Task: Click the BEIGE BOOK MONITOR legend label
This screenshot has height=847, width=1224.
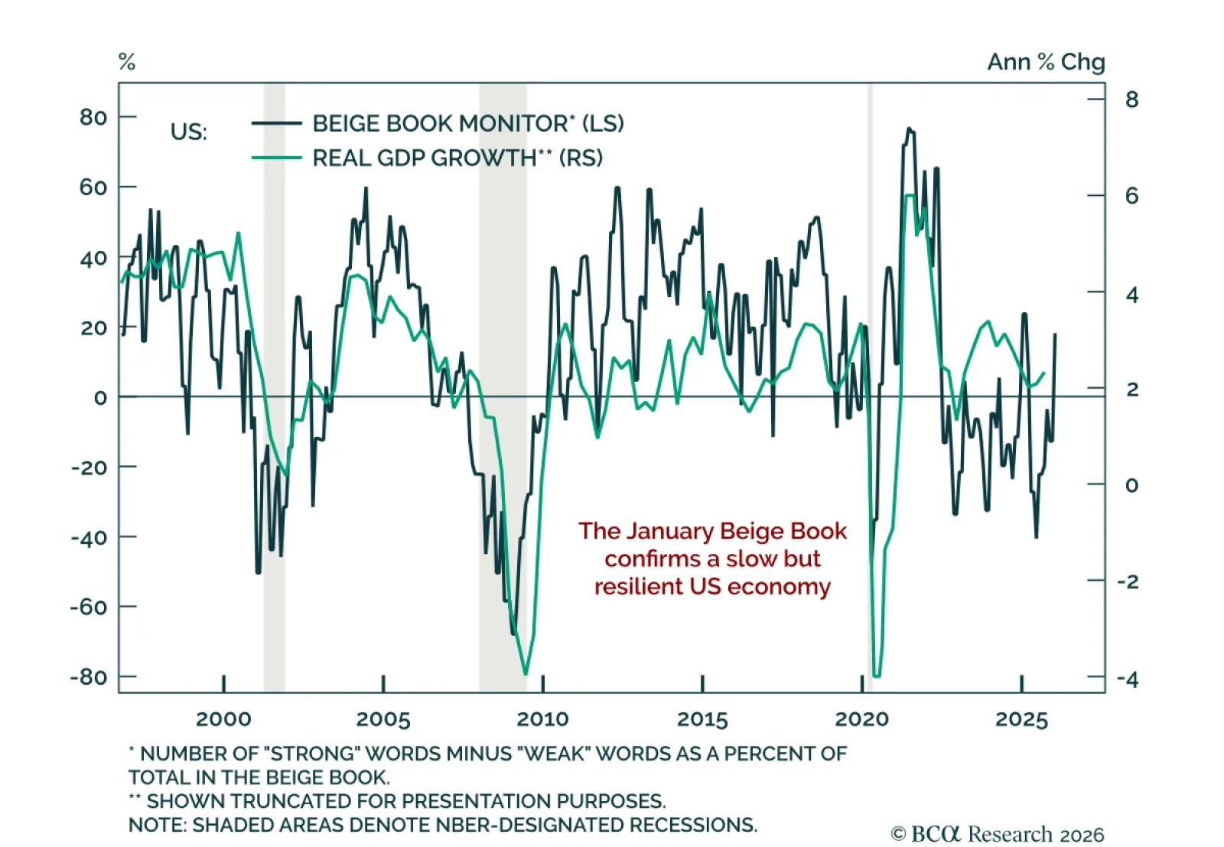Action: tap(467, 123)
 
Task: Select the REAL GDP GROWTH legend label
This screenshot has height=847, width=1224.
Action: tap(457, 158)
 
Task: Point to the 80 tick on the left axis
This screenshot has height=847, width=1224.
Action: tap(93, 117)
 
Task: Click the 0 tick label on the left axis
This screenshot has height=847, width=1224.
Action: tap(100, 398)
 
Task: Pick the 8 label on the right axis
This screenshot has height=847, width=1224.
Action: tap(1131, 99)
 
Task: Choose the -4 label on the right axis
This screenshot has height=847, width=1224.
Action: tap(1128, 679)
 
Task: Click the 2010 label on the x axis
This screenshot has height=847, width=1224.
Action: tap(542, 719)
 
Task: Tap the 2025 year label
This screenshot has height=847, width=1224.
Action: tap(1021, 719)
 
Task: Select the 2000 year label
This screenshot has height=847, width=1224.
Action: tap(223, 719)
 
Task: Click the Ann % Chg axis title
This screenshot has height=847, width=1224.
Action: tap(1046, 62)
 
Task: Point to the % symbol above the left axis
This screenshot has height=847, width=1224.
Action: tap(127, 62)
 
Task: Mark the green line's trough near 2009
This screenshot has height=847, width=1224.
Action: tap(526, 674)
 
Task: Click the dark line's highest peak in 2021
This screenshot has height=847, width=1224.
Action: tap(909, 129)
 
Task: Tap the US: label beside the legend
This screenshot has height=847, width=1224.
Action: tap(188, 132)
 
